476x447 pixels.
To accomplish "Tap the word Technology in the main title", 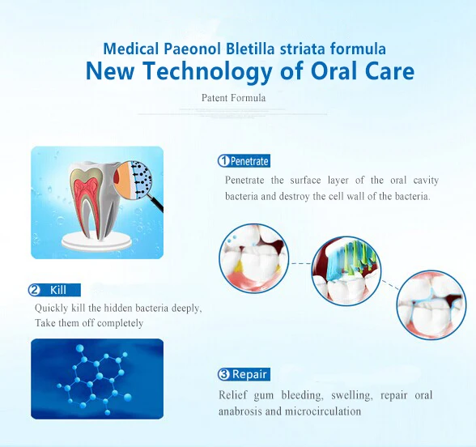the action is (207, 71).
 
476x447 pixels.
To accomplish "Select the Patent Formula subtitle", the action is (233, 98).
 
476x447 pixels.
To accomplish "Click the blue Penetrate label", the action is (244, 161).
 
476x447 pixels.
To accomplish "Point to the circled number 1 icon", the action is (223, 161).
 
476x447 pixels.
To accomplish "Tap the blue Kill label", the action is (54, 290).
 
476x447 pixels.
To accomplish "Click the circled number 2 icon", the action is (34, 290).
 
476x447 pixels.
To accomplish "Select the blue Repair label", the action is (244, 374).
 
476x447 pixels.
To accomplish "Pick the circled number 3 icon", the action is (223, 374).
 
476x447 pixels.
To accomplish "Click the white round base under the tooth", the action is (96, 241).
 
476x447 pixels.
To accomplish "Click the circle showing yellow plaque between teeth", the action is (254, 259).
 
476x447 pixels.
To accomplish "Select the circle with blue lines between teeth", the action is (431, 305).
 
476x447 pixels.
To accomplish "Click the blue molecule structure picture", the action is (97, 379).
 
